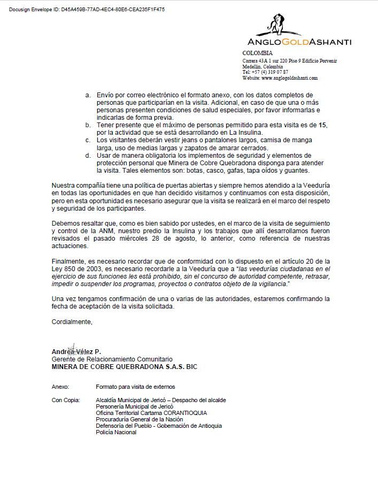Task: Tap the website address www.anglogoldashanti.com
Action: [x=289, y=78]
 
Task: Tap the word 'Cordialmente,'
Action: [x=72, y=321]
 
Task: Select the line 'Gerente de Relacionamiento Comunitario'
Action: [x=112, y=359]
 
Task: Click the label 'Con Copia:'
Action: [x=66, y=400]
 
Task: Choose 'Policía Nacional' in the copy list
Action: [x=116, y=432]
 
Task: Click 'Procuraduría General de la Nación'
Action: [x=143, y=419]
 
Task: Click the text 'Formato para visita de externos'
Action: [x=135, y=387]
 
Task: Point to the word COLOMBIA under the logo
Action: [x=258, y=53]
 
